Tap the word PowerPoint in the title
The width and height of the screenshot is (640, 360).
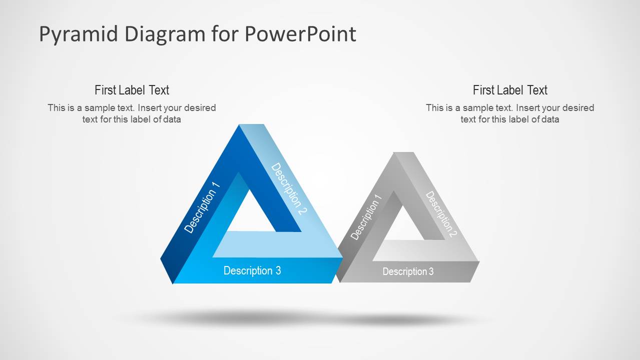[300, 34]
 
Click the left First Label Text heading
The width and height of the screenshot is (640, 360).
[132, 90]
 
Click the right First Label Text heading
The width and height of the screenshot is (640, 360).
[510, 90]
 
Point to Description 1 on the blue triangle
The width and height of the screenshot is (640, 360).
[202, 207]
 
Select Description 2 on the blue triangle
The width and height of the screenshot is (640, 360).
[289, 188]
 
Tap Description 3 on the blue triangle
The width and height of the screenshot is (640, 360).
[252, 271]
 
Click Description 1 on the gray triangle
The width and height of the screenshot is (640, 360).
[366, 217]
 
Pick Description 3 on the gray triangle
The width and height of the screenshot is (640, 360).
[408, 271]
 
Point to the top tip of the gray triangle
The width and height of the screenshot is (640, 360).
[397, 152]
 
